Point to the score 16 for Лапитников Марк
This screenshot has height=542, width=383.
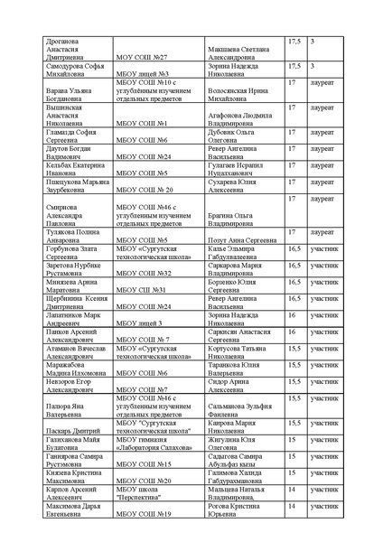pyautogui.click(x=293, y=315)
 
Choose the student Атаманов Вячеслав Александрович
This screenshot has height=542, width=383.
pyautogui.click(x=67, y=351)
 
